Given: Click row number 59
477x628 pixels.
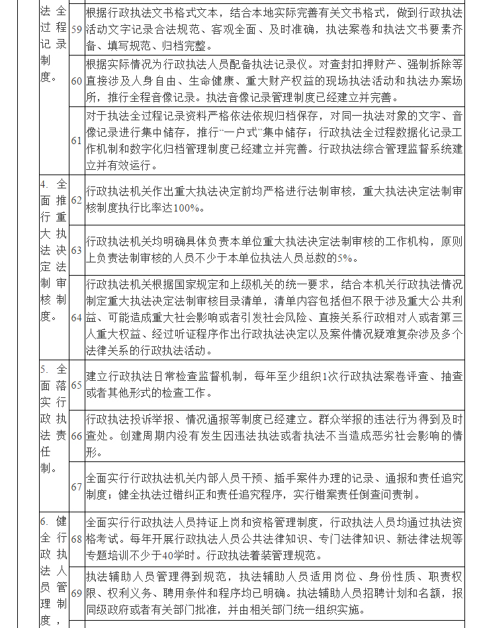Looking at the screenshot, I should [x=76, y=30].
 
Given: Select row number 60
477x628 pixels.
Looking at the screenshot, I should [x=76, y=81].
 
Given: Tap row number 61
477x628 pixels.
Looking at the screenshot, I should [x=76, y=140].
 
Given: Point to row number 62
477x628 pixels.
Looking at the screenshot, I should [x=76, y=199].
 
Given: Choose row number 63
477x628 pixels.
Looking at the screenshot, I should [x=76, y=251].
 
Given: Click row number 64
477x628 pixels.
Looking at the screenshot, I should [x=76, y=317].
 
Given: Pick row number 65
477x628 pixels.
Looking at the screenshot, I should [x=76, y=384].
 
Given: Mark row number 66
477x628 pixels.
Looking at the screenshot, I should [x=76, y=436].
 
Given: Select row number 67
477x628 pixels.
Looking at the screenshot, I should [x=76, y=487].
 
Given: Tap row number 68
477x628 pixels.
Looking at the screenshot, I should [x=76, y=538].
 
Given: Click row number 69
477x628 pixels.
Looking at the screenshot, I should [x=76, y=592].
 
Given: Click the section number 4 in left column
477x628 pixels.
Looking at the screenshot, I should [x=44, y=182].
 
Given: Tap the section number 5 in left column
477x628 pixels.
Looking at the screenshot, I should [x=44, y=368].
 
